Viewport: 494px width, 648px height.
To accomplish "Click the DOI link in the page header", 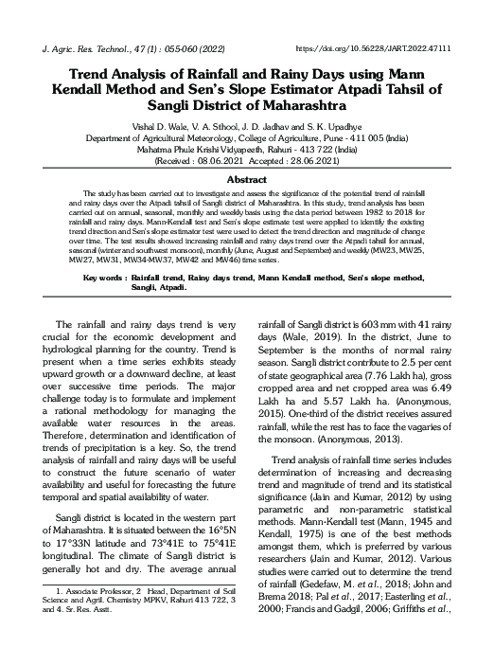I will coord(386,46).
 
